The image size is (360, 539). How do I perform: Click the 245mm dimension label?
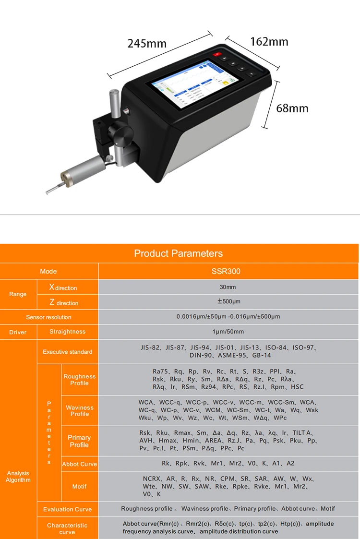(x=147, y=44)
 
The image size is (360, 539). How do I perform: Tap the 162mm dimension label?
(x=269, y=42)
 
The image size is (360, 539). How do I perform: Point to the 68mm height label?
(x=292, y=108)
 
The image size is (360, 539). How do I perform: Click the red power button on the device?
(x=217, y=54)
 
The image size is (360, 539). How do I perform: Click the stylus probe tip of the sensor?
(x=48, y=192)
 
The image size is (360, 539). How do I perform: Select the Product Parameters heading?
(x=179, y=253)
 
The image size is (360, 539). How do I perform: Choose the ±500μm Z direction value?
(x=228, y=302)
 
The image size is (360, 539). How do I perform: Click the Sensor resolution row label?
(x=48, y=317)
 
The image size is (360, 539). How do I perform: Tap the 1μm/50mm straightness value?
(x=228, y=332)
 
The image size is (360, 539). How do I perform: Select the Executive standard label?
(x=67, y=352)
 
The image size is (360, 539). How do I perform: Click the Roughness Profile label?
(x=79, y=380)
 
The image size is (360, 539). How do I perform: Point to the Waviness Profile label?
(x=80, y=410)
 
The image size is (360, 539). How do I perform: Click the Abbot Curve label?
(x=79, y=464)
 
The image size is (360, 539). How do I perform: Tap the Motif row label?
(x=79, y=486)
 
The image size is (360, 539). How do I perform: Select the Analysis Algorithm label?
(x=18, y=477)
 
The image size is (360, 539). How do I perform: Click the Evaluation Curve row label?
(x=67, y=509)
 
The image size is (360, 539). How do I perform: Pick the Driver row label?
(x=18, y=332)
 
